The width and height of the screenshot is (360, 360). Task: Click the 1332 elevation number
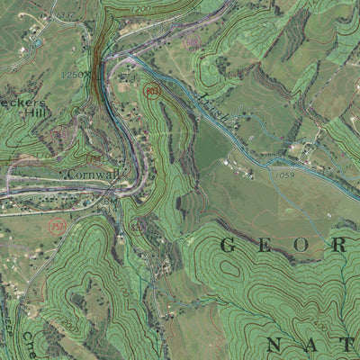click(65, 15)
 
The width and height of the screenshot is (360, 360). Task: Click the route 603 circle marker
click(152, 91)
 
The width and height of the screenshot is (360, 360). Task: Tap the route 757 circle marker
click(58, 224)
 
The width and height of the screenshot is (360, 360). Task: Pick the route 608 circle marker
click(192, 43)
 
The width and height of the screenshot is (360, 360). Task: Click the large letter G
click(228, 244)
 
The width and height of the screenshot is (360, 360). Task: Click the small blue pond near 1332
click(37, 42)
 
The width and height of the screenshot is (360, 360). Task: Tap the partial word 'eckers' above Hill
click(22, 102)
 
